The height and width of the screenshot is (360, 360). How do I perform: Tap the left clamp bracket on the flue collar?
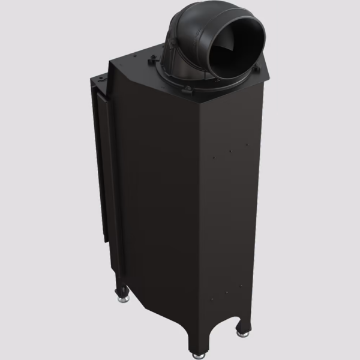click(154, 59)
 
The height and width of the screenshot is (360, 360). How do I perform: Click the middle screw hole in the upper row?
click(231, 151)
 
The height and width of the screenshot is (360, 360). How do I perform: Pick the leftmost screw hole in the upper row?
click(214, 158)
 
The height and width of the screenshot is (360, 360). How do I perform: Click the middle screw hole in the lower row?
click(227, 292)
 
